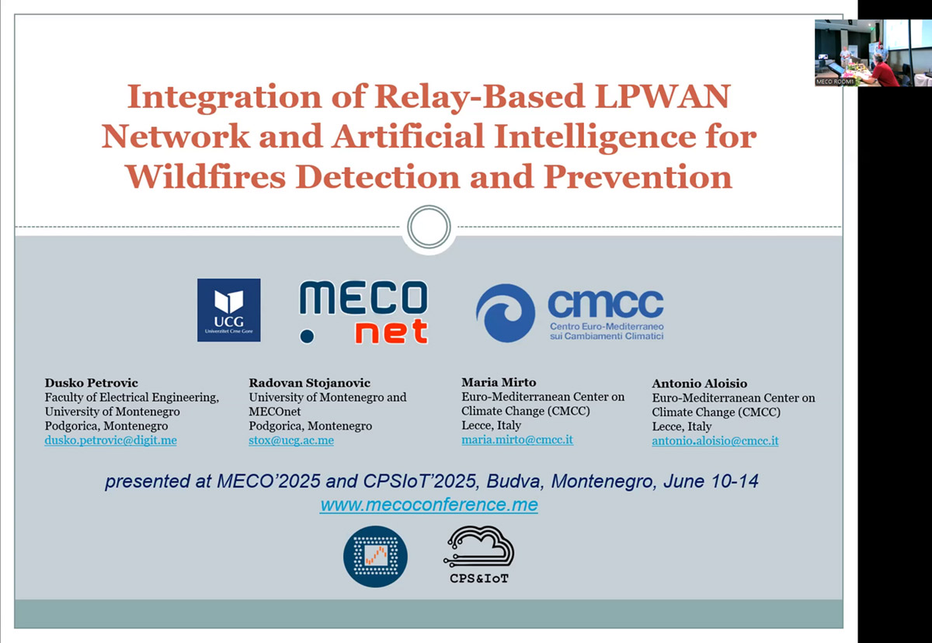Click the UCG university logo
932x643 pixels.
[x=229, y=311]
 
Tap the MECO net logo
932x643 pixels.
[x=363, y=312]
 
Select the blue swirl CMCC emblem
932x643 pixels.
[x=506, y=313]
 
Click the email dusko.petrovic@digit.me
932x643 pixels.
[x=110, y=440]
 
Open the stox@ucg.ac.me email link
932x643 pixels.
[x=291, y=440]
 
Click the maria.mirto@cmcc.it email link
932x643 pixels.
[x=517, y=440]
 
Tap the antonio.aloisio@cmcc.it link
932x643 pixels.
[x=715, y=441]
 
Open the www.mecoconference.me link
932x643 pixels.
[x=429, y=505]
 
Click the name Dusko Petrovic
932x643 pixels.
[x=92, y=383]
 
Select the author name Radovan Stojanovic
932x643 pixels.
[x=310, y=383]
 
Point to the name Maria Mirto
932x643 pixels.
[x=499, y=382]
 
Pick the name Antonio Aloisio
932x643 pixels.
[x=700, y=383]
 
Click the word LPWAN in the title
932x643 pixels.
[x=662, y=96]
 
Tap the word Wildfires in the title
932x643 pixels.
[x=206, y=177]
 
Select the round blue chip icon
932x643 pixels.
[x=375, y=557]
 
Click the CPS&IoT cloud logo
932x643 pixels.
[x=479, y=554]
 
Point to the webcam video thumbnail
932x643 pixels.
[x=873, y=53]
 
